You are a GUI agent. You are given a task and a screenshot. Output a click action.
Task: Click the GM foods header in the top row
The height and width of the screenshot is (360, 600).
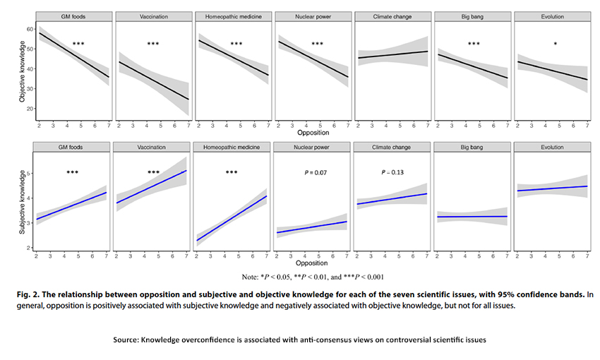73,16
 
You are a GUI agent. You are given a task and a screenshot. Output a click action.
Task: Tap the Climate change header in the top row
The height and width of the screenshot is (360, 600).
393,16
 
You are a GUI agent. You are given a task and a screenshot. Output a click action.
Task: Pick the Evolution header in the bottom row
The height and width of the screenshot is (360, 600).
553,147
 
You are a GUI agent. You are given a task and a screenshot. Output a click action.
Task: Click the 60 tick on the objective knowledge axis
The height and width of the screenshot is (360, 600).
30,30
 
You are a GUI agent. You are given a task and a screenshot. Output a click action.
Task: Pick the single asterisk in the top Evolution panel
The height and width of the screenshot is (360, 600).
555,44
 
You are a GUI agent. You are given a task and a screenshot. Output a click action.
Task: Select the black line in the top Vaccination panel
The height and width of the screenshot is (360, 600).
152,80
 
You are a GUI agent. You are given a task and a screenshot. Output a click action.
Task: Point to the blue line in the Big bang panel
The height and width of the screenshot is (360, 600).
473,217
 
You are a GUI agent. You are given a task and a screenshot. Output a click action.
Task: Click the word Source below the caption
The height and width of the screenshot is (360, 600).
126,340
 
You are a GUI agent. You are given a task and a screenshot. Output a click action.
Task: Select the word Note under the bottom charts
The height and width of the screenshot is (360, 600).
250,276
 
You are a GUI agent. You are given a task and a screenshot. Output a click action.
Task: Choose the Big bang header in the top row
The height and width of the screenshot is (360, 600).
473,16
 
